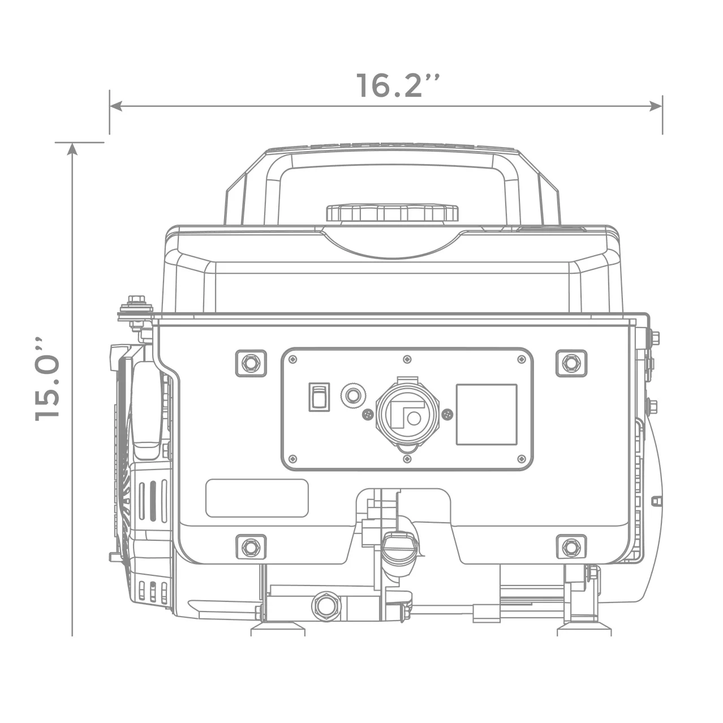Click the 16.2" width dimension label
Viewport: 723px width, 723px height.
398,85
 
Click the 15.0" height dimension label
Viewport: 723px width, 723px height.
48,379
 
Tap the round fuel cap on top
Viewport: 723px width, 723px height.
392,213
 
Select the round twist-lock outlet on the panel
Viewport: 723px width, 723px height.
405,414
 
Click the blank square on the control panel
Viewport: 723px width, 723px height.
487,414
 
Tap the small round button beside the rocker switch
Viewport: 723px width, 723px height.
352,395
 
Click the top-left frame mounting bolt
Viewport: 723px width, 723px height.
250,362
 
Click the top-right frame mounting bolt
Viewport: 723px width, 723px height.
571,362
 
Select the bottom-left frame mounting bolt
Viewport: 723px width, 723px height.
250,546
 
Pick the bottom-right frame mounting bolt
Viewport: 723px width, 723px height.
571,546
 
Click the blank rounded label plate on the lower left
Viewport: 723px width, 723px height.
257,498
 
